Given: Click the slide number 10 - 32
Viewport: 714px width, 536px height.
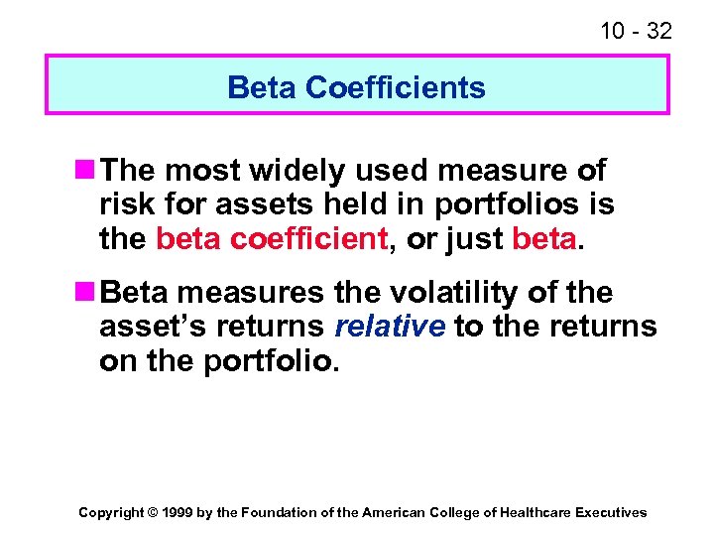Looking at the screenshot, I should (636, 31).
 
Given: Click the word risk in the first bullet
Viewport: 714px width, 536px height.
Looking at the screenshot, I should (124, 205).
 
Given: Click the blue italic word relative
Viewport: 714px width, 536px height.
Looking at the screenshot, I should (391, 327).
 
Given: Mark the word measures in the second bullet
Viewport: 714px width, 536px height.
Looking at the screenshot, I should (262, 293).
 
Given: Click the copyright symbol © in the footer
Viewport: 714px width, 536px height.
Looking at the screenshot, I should (152, 512).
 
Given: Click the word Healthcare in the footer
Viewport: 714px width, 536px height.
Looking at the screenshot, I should (538, 512).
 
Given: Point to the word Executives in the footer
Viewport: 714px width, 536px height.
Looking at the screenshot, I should (612, 512).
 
